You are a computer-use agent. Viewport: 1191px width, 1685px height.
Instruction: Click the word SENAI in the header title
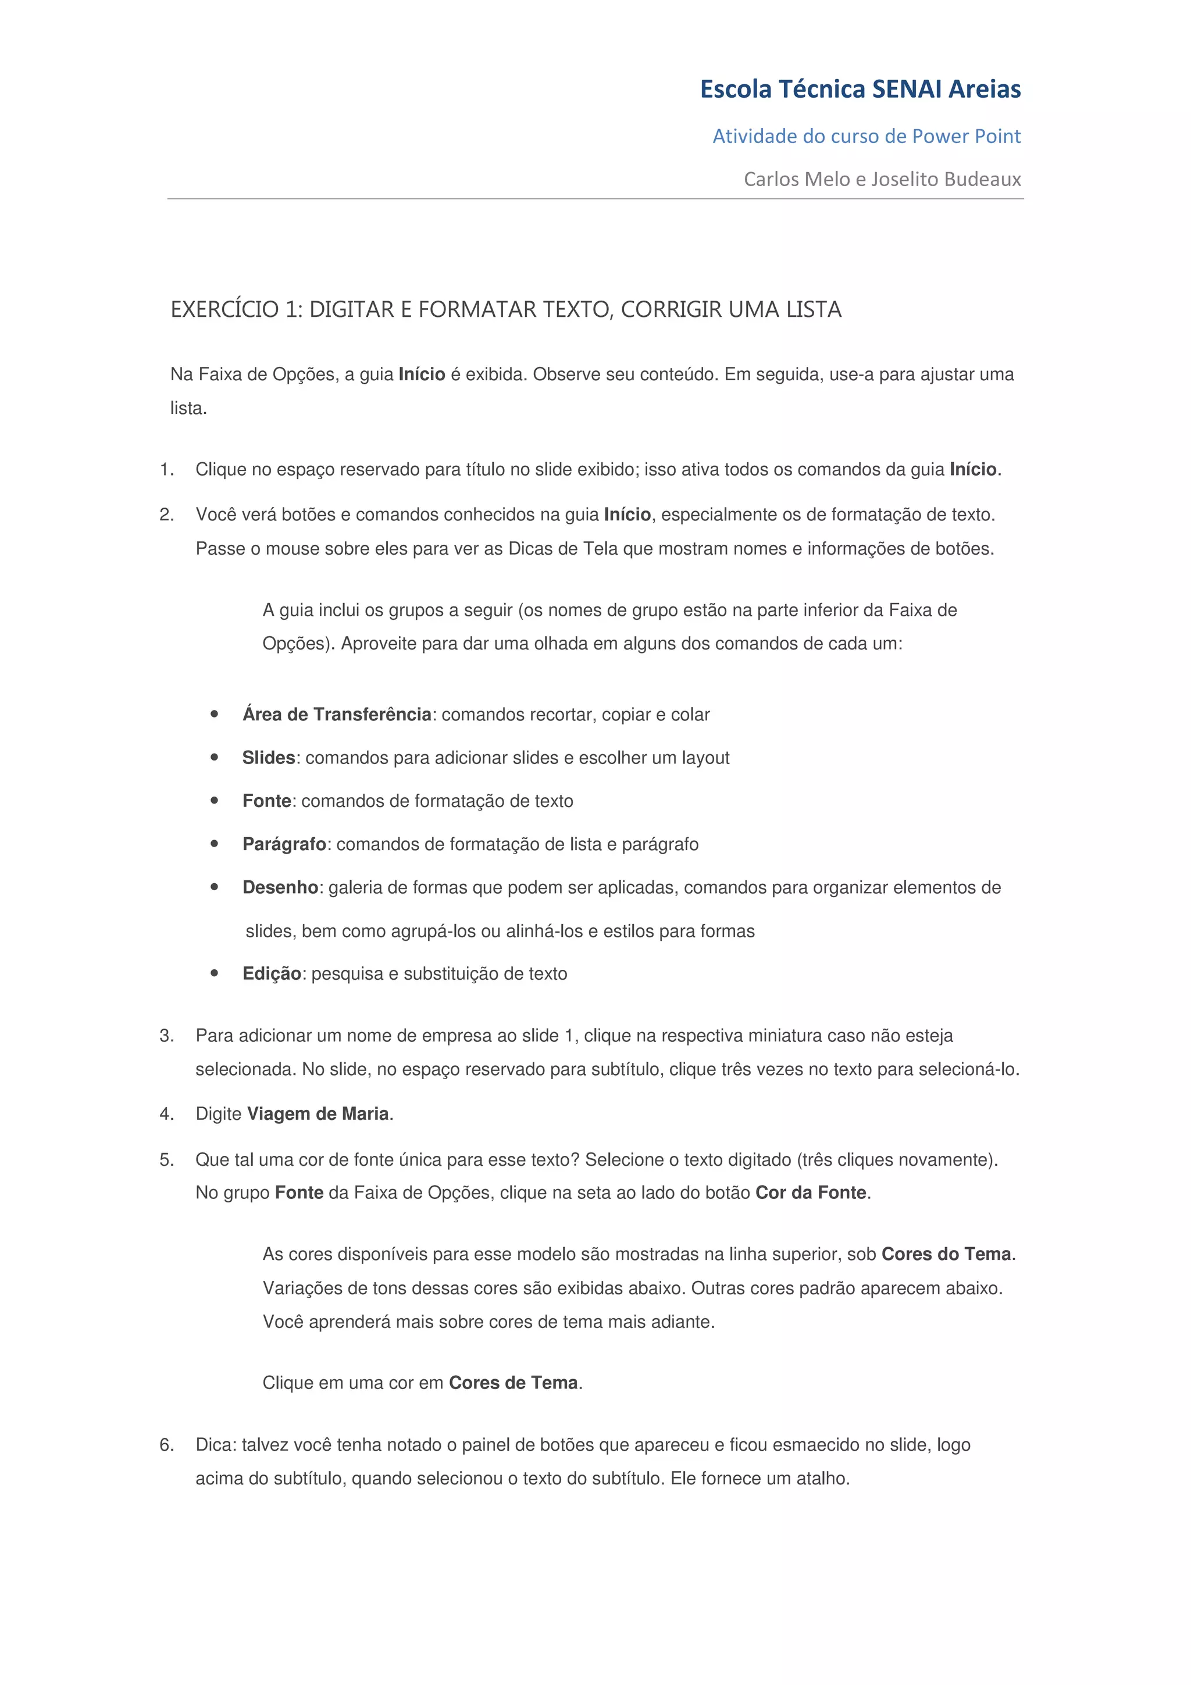click(x=907, y=90)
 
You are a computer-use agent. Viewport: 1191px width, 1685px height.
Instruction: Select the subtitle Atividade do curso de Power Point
click(x=866, y=137)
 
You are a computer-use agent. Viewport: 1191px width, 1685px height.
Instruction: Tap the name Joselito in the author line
click(x=905, y=180)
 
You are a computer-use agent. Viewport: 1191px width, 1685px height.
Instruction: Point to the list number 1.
click(x=166, y=470)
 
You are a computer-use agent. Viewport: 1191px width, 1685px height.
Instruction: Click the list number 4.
click(x=166, y=1114)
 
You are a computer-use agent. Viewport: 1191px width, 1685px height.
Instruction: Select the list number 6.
click(x=166, y=1445)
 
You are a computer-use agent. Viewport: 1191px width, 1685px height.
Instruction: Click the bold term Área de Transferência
click(x=337, y=715)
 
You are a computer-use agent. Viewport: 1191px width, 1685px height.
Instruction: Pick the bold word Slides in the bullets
click(x=269, y=758)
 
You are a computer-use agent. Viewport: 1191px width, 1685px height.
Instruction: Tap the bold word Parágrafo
click(x=284, y=845)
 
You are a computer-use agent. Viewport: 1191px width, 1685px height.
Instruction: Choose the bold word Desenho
click(x=280, y=888)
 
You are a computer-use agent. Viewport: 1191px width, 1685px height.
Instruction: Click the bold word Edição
click(x=272, y=974)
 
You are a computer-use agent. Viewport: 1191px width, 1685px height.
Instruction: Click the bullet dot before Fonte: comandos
click(x=214, y=801)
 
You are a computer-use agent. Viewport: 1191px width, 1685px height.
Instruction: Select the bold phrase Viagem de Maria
click(x=318, y=1114)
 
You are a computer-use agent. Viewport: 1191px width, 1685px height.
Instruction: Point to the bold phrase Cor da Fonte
click(x=811, y=1193)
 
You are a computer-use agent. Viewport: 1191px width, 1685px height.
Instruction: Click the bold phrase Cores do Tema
click(x=946, y=1254)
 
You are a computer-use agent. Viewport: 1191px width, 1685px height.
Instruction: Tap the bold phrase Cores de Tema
click(x=513, y=1383)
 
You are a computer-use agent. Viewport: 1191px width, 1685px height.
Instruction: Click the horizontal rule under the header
click(x=595, y=199)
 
